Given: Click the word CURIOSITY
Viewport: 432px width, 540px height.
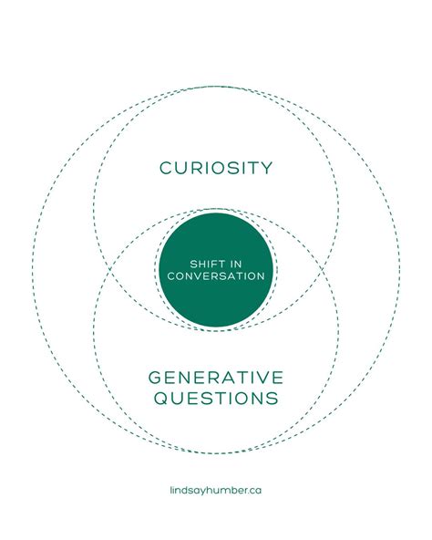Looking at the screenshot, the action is point(216,168).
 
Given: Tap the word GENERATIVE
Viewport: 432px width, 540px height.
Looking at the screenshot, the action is point(216,378).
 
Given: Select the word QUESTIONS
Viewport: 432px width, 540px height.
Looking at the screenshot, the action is point(216,398).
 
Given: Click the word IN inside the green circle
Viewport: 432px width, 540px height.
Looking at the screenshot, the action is point(236,265).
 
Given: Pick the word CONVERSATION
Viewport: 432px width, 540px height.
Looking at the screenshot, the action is point(216,276).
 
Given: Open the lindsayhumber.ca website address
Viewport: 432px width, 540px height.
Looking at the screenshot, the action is point(216,490).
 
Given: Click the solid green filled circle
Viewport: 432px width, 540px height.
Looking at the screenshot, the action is point(216,270).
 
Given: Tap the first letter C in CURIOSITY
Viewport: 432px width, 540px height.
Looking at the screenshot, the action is point(166,168).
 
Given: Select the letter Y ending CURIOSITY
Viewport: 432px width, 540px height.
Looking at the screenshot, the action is point(266,168).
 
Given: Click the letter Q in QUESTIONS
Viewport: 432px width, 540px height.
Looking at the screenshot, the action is point(160,398).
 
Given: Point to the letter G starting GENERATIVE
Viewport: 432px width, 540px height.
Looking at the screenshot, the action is point(155,378).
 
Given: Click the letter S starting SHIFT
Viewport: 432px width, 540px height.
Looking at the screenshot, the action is point(193,265).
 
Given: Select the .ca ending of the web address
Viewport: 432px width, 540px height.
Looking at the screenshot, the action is point(254,491).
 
